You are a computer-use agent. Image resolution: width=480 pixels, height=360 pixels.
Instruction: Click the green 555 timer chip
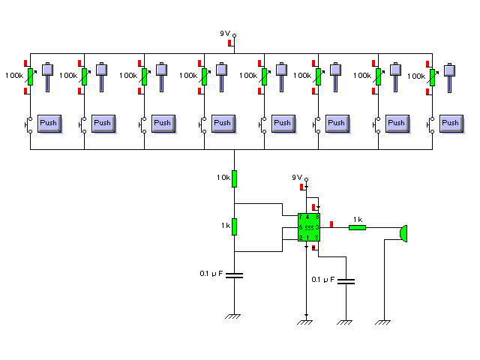[x=309, y=227]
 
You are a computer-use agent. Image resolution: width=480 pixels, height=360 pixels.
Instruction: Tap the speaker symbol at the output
[x=403, y=234]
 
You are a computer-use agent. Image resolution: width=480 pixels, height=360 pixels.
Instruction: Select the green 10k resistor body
[x=234, y=178]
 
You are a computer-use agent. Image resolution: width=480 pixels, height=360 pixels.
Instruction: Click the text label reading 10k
[x=223, y=178]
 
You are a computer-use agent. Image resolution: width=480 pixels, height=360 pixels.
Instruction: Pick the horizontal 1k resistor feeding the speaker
[x=357, y=226]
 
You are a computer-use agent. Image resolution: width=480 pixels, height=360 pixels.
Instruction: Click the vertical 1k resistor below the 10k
[x=234, y=226]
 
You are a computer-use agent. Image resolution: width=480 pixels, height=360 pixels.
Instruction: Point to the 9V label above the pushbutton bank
[x=225, y=34]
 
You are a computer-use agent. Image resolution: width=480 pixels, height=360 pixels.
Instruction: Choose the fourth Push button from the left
[x=222, y=123]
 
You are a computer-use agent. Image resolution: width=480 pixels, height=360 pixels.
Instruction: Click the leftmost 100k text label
[x=14, y=76]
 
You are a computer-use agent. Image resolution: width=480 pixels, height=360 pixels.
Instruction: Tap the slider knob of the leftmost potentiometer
[x=48, y=69]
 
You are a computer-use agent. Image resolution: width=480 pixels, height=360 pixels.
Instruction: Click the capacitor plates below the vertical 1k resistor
[x=234, y=275]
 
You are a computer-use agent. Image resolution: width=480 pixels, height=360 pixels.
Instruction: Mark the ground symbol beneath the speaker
[x=384, y=322]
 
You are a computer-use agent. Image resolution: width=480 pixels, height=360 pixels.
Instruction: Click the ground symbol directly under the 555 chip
[x=305, y=322]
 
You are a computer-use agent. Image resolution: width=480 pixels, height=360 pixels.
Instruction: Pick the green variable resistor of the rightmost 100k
[x=433, y=76]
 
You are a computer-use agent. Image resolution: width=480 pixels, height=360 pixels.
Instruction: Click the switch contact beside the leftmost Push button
[x=30, y=124]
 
